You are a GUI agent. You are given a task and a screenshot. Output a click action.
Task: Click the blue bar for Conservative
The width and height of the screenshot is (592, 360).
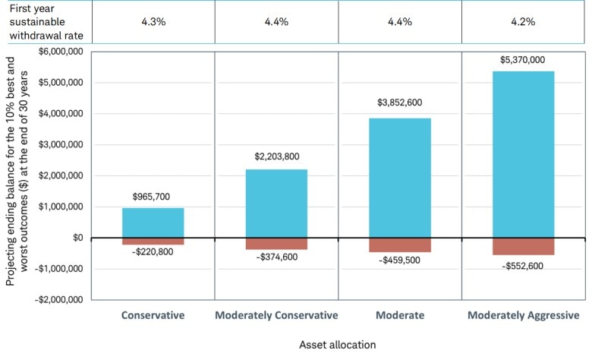point(153,223)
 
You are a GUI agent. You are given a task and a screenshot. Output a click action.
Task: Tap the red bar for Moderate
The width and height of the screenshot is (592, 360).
point(399,245)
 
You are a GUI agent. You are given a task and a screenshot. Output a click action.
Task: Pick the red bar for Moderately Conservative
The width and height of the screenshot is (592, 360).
point(276,243)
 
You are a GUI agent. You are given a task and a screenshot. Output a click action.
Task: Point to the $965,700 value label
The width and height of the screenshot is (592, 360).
point(153,196)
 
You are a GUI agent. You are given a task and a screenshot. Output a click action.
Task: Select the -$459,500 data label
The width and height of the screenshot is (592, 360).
point(399,261)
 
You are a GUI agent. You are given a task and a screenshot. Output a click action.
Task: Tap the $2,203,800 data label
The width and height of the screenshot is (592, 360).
point(276,157)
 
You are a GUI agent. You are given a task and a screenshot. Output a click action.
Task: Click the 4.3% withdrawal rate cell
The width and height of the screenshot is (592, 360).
point(153,22)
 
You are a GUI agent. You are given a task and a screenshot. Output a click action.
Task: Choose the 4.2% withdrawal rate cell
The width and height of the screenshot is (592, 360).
point(523,22)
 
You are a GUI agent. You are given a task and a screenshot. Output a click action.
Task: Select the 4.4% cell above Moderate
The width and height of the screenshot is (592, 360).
point(399,22)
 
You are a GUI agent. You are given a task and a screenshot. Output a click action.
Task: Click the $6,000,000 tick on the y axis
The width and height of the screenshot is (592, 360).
point(61,52)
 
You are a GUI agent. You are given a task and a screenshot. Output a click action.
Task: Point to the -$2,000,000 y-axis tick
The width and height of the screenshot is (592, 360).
point(60,299)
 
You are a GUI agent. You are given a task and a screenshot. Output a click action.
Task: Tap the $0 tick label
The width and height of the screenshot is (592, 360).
point(77,238)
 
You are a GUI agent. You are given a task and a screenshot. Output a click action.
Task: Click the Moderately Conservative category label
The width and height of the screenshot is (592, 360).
point(276,315)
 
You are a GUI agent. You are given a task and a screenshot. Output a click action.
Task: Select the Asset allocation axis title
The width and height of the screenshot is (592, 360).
point(338,344)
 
